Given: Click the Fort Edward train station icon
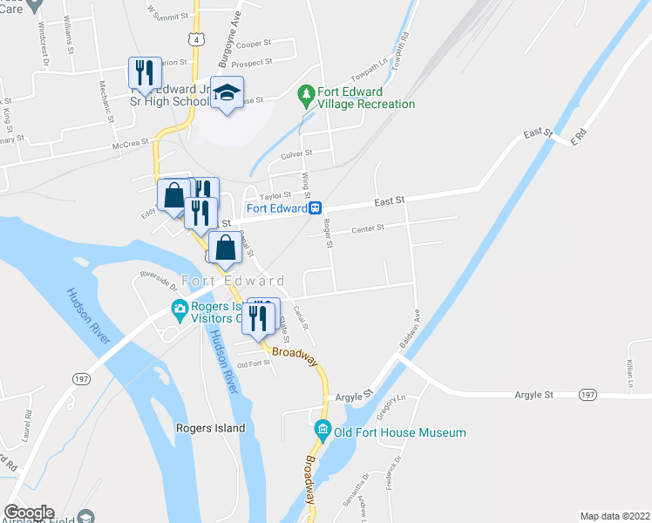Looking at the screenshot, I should point(316,208).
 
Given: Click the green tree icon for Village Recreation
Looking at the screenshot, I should point(305,92).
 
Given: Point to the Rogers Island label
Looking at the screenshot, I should point(210,428).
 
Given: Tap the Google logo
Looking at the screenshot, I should point(29,513).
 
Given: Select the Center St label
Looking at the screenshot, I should point(368,229).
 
